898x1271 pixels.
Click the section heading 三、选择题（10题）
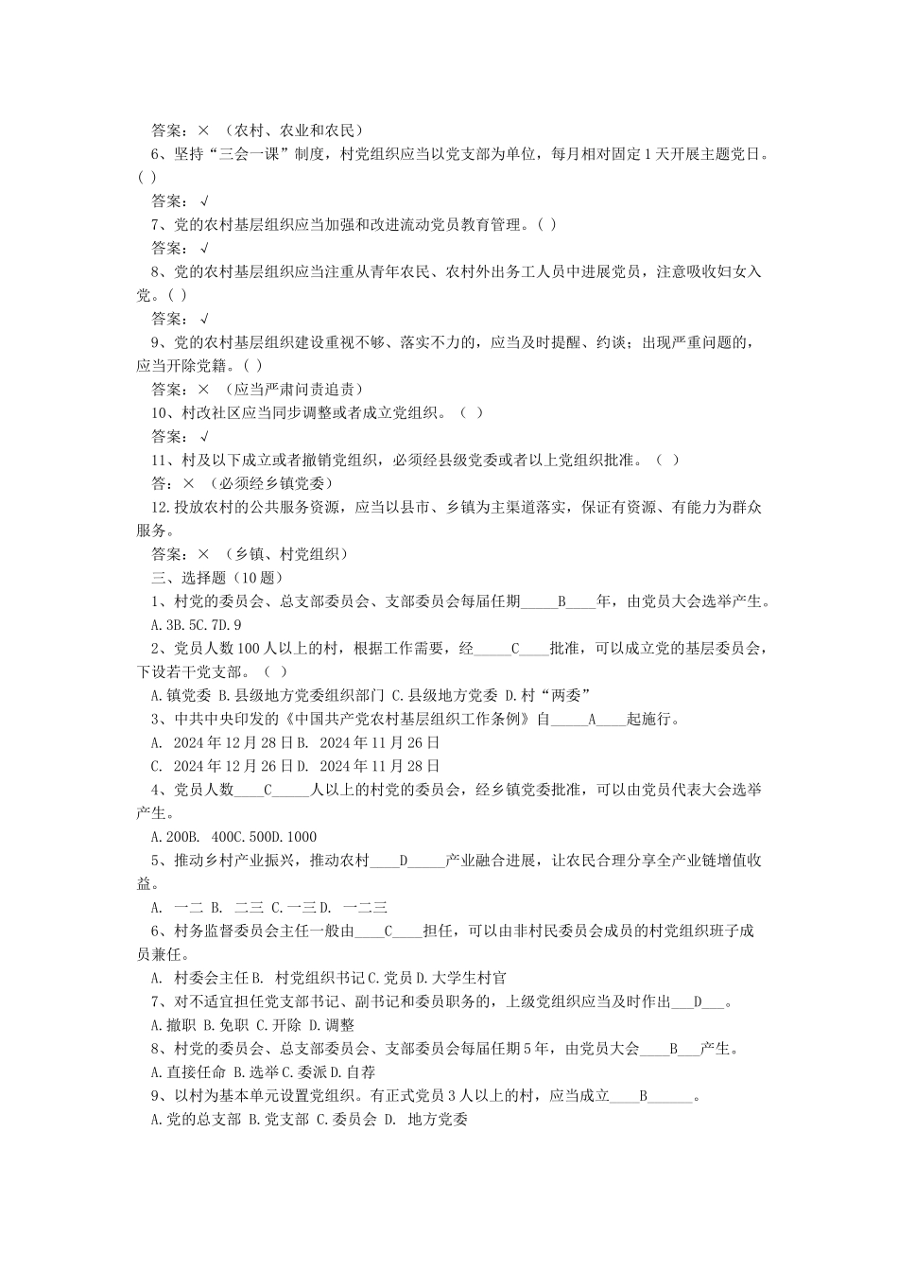coord(216,578)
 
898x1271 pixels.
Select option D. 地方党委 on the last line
coord(425,1120)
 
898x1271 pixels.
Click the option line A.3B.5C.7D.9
coord(197,625)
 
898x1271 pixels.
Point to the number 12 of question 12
coord(160,507)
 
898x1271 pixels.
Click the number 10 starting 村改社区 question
coord(161,413)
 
